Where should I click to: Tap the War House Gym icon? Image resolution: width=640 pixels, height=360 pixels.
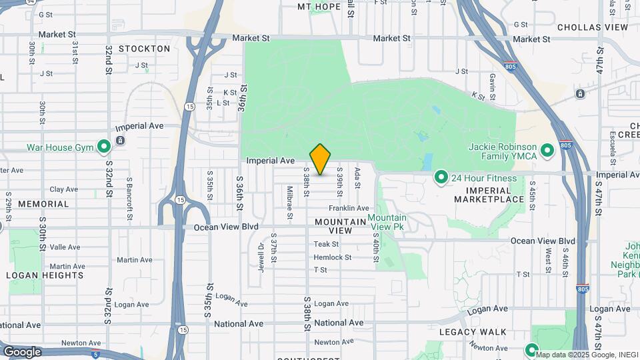[x=103, y=146]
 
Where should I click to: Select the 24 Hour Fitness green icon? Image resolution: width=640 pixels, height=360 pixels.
[x=441, y=177]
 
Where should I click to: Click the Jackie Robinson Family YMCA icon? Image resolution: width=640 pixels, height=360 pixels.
[x=547, y=150]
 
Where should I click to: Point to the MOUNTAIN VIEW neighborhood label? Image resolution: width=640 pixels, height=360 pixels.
[x=333, y=225]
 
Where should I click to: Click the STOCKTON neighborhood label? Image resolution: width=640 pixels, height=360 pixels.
[x=145, y=49]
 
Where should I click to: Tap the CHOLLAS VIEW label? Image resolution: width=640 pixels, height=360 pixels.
[x=593, y=27]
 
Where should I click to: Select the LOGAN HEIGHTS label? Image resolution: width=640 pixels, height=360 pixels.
[x=45, y=275]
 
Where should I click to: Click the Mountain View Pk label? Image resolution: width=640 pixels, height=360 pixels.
[x=387, y=223]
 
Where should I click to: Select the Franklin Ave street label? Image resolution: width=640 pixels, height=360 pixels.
[x=348, y=209]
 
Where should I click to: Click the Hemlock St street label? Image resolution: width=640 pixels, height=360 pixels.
[x=332, y=257]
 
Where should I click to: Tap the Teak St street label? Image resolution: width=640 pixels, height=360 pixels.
[x=327, y=244]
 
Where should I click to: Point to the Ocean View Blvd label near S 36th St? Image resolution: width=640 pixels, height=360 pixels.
[x=225, y=227]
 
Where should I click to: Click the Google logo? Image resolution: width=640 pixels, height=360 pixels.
[x=21, y=351]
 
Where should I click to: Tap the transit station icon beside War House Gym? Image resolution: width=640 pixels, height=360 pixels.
[x=119, y=140]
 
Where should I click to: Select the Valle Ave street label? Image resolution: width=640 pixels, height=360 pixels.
[x=65, y=247]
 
